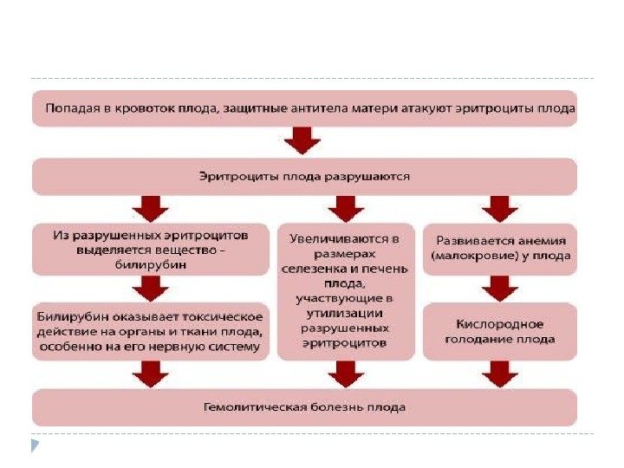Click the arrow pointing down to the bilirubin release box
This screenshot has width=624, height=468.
tap(151, 208)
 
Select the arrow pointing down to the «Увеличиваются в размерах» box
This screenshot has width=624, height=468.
tap(347, 208)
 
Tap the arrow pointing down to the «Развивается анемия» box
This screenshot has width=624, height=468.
tap(498, 208)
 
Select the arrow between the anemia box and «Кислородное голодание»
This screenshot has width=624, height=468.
tap(498, 288)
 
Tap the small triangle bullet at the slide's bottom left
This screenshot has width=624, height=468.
tap(36, 446)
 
